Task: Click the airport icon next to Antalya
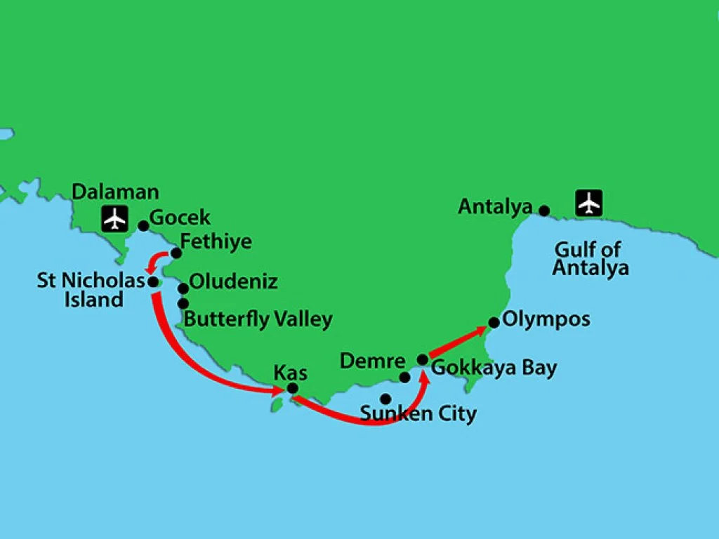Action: (x=589, y=203)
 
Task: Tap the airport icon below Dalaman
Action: (x=114, y=219)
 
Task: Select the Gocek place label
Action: (x=180, y=218)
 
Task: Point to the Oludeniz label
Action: (x=234, y=282)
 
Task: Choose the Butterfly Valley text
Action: (x=258, y=319)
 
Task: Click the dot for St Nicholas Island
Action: (x=152, y=281)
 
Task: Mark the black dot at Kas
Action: (x=293, y=389)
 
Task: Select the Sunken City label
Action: (x=418, y=414)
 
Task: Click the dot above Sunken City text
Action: (x=385, y=399)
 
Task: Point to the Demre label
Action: (x=372, y=361)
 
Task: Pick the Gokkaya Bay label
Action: (x=494, y=368)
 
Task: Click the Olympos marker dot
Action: (x=494, y=323)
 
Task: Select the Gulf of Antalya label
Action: (x=590, y=258)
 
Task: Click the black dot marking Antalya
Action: (x=543, y=210)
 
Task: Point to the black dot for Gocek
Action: (x=143, y=226)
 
